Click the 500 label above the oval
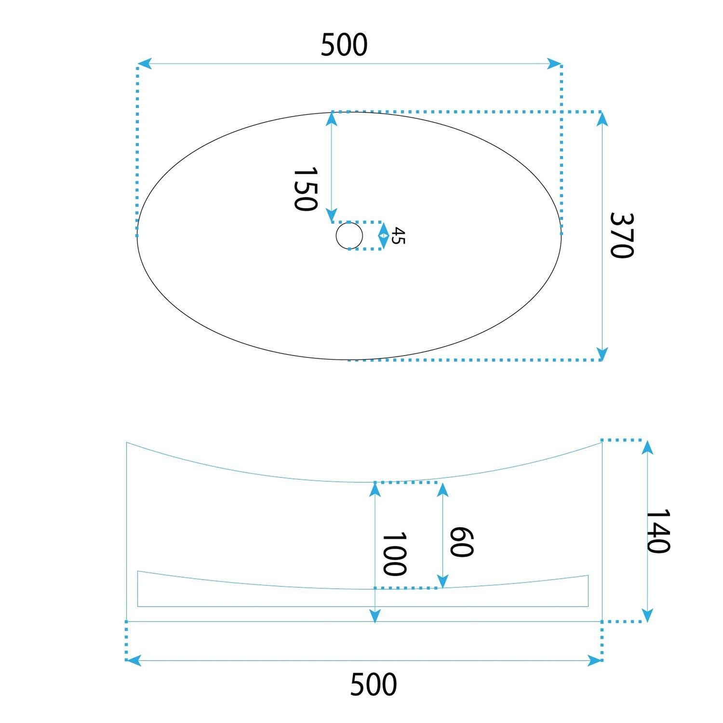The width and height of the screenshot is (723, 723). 344,45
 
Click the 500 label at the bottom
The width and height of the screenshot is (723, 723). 374,684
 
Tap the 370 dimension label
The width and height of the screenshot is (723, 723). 621,235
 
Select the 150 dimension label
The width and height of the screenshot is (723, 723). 306,189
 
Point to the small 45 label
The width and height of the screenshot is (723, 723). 398,236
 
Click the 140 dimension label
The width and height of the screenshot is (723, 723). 657,531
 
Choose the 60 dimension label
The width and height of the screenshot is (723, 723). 461,542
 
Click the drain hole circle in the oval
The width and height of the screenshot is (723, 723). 349,236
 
